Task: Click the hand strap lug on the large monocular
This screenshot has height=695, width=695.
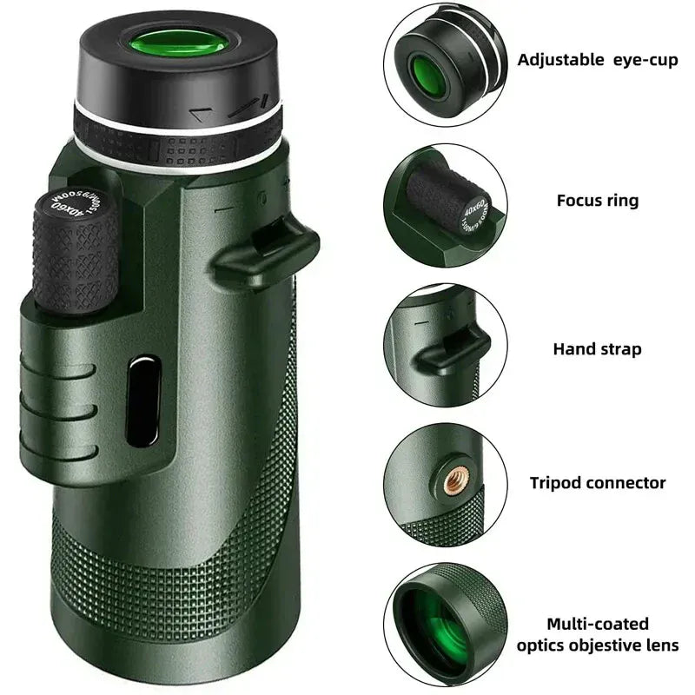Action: point(265,248)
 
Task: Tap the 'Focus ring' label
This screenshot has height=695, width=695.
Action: point(597,201)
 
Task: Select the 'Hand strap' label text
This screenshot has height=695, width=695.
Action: point(597,349)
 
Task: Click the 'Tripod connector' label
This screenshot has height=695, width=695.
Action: point(598,483)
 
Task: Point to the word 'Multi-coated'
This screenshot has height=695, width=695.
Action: point(597,624)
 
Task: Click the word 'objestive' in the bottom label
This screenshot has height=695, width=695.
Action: point(602,645)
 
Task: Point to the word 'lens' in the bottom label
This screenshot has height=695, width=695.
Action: point(659,645)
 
